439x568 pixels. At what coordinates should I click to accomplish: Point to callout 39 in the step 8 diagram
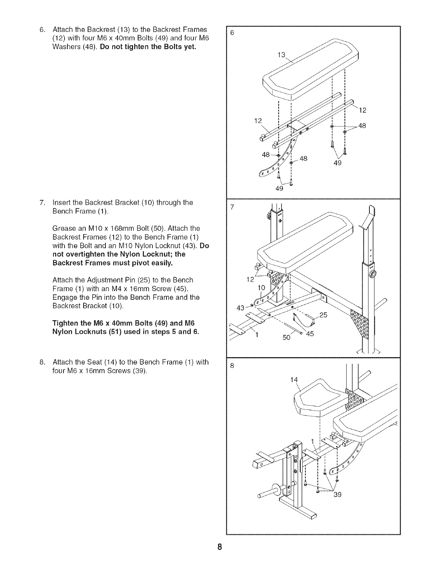(x=337, y=495)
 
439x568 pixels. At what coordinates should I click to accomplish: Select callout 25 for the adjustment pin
(x=323, y=315)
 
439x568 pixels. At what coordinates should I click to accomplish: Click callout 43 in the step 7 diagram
(x=241, y=307)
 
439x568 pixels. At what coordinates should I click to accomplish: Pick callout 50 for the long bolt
(x=286, y=337)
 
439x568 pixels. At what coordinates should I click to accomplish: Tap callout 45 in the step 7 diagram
(x=310, y=334)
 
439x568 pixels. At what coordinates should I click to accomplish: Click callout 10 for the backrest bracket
(x=262, y=288)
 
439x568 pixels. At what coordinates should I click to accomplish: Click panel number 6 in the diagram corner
(x=232, y=33)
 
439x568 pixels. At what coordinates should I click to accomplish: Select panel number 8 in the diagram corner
(x=232, y=366)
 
